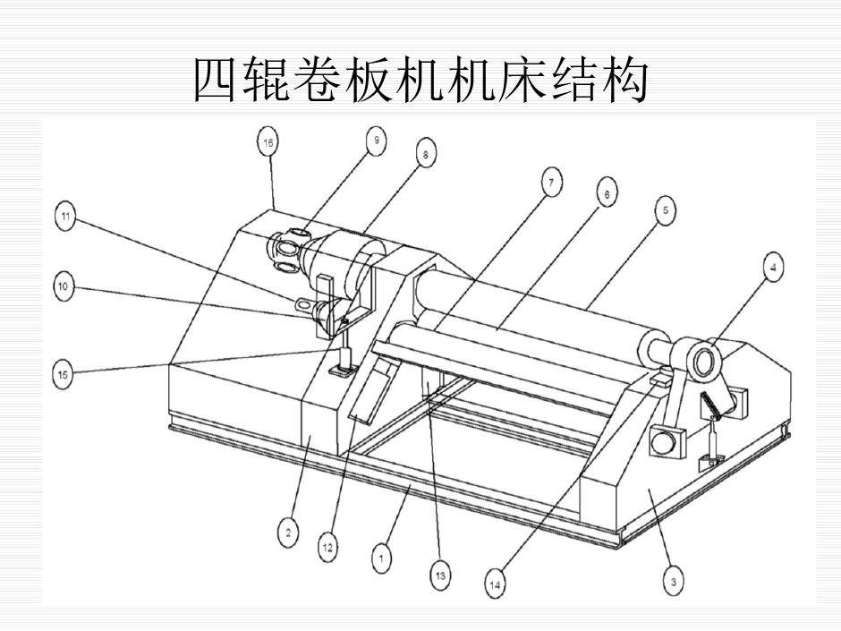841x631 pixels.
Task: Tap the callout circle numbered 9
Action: (x=376, y=140)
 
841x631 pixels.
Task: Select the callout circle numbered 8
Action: (x=424, y=153)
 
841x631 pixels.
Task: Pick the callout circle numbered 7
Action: (x=551, y=184)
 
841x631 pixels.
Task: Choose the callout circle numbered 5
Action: (x=664, y=210)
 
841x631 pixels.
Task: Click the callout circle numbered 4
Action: (x=773, y=265)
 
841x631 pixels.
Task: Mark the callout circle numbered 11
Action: (x=64, y=218)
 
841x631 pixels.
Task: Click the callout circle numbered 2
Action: (x=287, y=533)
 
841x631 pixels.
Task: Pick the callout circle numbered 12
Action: (x=327, y=547)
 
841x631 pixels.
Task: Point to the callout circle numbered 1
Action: (x=381, y=559)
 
